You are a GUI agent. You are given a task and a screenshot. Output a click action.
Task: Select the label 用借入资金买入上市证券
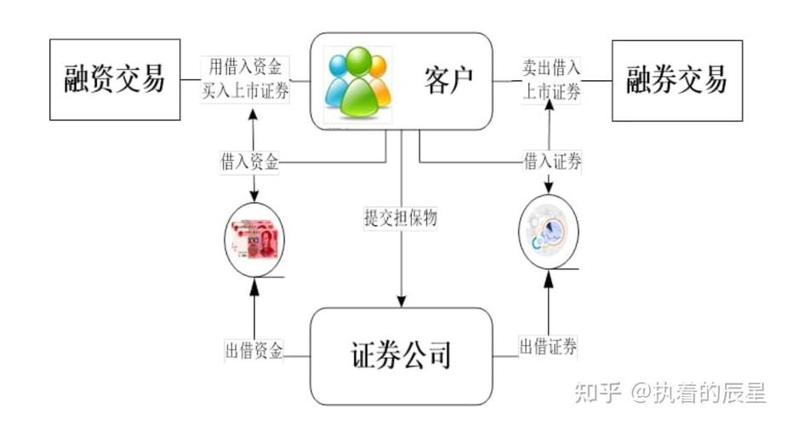(246, 79)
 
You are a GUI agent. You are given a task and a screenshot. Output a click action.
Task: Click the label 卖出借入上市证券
(551, 79)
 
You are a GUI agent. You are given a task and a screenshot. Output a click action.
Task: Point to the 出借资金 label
(254, 350)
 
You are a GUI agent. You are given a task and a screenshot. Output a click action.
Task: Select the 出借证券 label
(548, 346)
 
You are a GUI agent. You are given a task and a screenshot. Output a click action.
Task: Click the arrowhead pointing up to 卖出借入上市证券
(550, 106)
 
